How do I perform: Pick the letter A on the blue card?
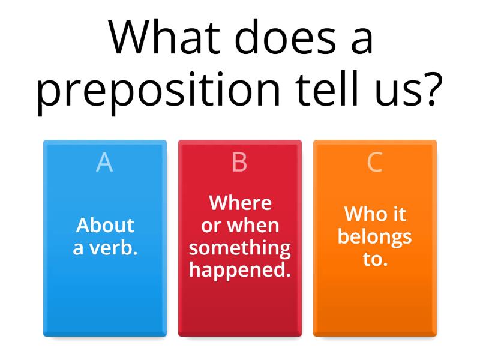point(104,163)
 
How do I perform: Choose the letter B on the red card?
point(239,163)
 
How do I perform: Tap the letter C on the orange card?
point(374,163)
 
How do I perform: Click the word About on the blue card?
point(105,225)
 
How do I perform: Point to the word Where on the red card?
point(240,203)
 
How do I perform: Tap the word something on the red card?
point(240,247)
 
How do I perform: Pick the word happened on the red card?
point(240,270)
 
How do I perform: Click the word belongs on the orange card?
point(374,236)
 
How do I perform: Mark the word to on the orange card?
point(374,259)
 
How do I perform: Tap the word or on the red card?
point(211,226)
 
